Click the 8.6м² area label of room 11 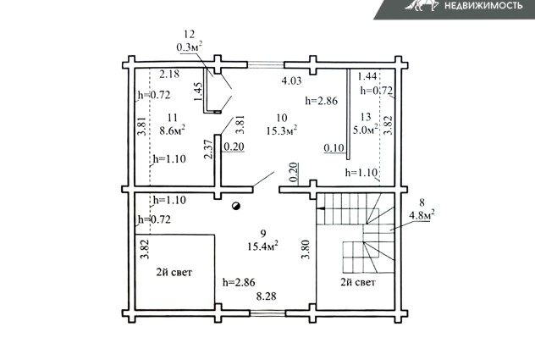coord(173,130)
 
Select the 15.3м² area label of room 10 coord(282,130)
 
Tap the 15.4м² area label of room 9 coord(262,246)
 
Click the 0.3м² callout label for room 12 coord(190,47)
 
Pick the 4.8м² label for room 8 coord(422,215)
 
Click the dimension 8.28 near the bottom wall coord(266,296)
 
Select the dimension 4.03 coord(291,80)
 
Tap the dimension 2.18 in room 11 coord(169,74)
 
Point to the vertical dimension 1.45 coord(198,91)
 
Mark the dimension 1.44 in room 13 coord(367,76)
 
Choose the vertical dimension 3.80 coord(306,249)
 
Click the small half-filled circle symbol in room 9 coord(236,206)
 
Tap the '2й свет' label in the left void coord(174,272)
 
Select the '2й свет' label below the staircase coord(358,282)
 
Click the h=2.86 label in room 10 coord(322,101)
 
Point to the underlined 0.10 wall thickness coord(334,148)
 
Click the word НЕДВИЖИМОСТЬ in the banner coord(483,5)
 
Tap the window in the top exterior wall coord(266,64)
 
